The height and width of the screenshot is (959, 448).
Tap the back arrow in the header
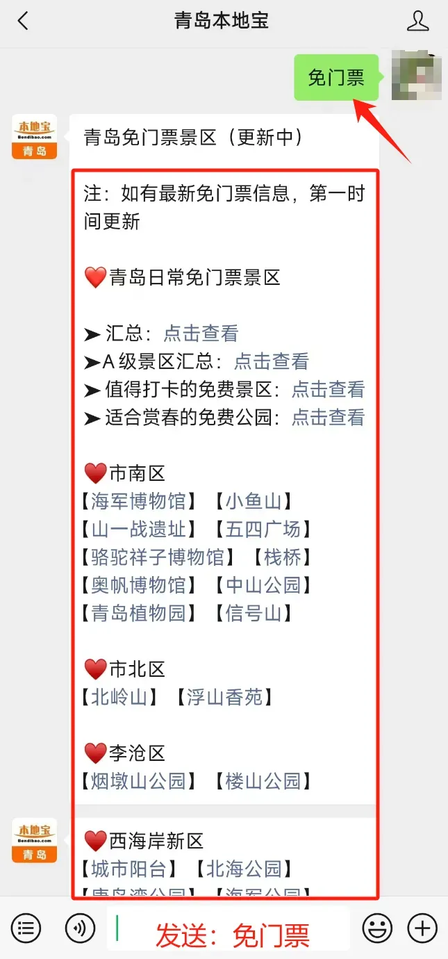pyautogui.click(x=23, y=21)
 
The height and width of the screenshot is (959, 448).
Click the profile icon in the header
pyautogui.click(x=417, y=21)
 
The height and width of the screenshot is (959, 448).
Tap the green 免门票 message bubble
pyautogui.click(x=336, y=77)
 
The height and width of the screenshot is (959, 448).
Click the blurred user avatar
pyautogui.click(x=417, y=75)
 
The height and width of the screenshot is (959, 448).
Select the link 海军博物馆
pyautogui.click(x=139, y=501)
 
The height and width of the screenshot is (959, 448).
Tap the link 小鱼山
pyautogui.click(x=254, y=501)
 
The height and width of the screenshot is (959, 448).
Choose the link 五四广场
pyautogui.click(x=263, y=529)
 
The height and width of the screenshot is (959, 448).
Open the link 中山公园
pyautogui.click(x=263, y=584)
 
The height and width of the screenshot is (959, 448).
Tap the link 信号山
pyautogui.click(x=254, y=613)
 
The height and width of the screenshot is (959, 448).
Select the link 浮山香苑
pyautogui.click(x=224, y=697)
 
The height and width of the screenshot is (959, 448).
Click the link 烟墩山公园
pyautogui.click(x=139, y=780)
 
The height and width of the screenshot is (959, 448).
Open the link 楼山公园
pyautogui.click(x=263, y=780)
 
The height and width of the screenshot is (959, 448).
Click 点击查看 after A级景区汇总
pyautogui.click(x=271, y=361)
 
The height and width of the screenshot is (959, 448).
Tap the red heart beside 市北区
pyautogui.click(x=95, y=669)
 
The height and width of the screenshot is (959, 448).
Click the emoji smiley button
pyautogui.click(x=377, y=928)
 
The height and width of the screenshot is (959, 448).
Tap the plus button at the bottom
pyautogui.click(x=422, y=928)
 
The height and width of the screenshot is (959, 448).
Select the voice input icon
pyautogui.click(x=80, y=928)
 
